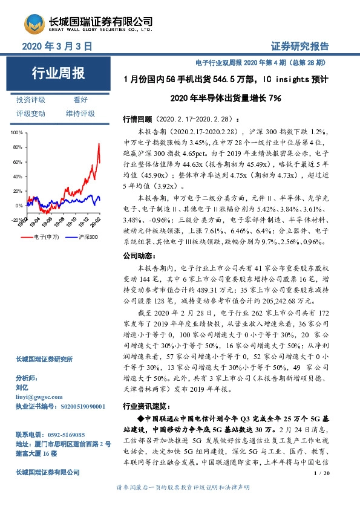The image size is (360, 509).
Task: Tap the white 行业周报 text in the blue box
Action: [x=58, y=74]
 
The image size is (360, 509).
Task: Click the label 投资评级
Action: [x=31, y=100]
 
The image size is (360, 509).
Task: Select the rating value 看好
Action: [x=80, y=100]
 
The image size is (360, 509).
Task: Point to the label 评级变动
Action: [x=31, y=114]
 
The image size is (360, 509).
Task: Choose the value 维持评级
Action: [x=80, y=114]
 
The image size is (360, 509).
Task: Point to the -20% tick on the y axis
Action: [x=17, y=220]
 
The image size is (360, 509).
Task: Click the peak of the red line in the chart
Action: [x=98, y=143]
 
